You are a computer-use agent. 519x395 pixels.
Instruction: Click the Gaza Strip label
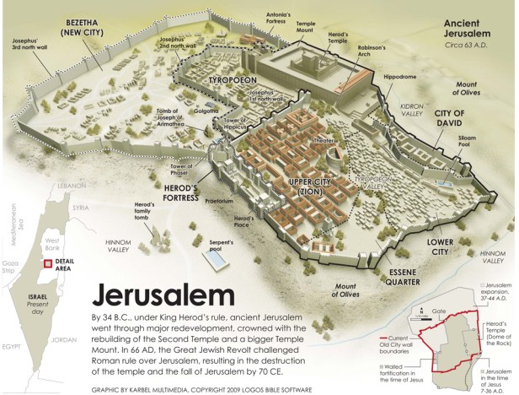[11, 268]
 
